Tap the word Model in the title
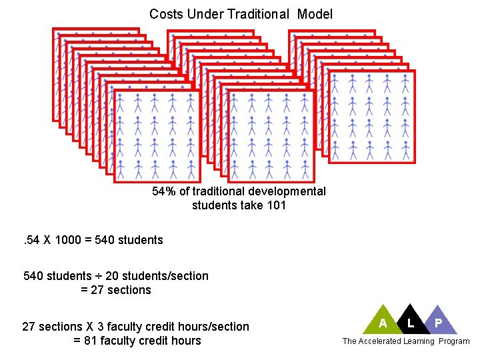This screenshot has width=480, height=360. [x=315, y=14]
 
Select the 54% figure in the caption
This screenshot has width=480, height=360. [x=163, y=192]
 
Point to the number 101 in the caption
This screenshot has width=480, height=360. [x=275, y=205]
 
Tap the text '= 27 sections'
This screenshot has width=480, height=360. [x=116, y=290]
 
